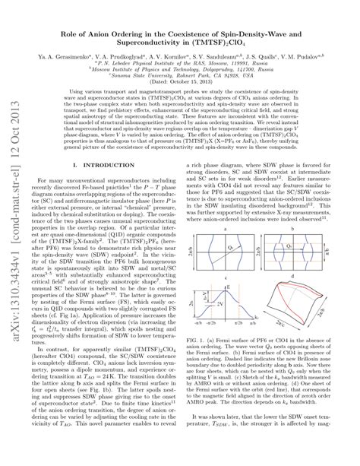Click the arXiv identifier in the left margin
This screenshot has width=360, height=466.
[x=14, y=228]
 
